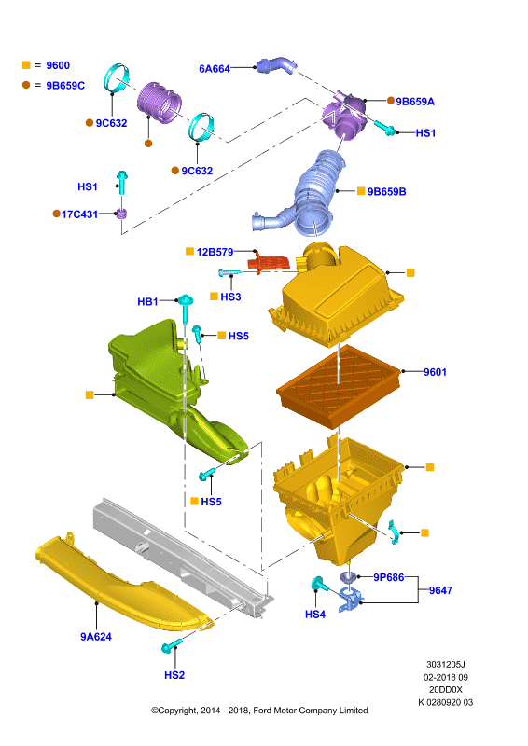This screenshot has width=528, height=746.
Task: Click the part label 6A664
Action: pyautogui.click(x=215, y=68)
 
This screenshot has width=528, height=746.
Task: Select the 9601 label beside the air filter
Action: pyautogui.click(x=435, y=372)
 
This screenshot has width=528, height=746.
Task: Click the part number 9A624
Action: pyautogui.click(x=96, y=637)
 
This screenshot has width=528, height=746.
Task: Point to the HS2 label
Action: pyautogui.click(x=174, y=675)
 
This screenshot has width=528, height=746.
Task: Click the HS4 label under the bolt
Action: pyautogui.click(x=315, y=615)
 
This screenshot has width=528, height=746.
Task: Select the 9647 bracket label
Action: pyautogui.click(x=440, y=590)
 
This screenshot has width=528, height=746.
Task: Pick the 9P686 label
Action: pyautogui.click(x=388, y=577)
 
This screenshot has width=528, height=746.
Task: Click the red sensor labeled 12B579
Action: pyautogui.click(x=269, y=262)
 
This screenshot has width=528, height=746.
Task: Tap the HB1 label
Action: pyautogui.click(x=147, y=301)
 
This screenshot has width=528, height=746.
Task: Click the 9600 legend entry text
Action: pyautogui.click(x=58, y=65)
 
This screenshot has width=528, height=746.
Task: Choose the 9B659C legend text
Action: pyautogui.click(x=65, y=86)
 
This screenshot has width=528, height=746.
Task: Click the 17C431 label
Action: pyautogui.click(x=79, y=214)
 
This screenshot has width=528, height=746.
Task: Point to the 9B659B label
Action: pyautogui.click(x=386, y=192)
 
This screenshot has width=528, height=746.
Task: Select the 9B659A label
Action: pyautogui.click(x=415, y=102)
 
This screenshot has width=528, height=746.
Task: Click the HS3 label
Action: pyautogui.click(x=231, y=297)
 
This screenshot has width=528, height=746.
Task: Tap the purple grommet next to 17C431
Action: pyautogui.click(x=122, y=214)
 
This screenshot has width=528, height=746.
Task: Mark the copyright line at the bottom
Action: pyautogui.click(x=259, y=711)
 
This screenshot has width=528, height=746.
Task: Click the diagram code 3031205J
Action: pyautogui.click(x=446, y=664)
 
